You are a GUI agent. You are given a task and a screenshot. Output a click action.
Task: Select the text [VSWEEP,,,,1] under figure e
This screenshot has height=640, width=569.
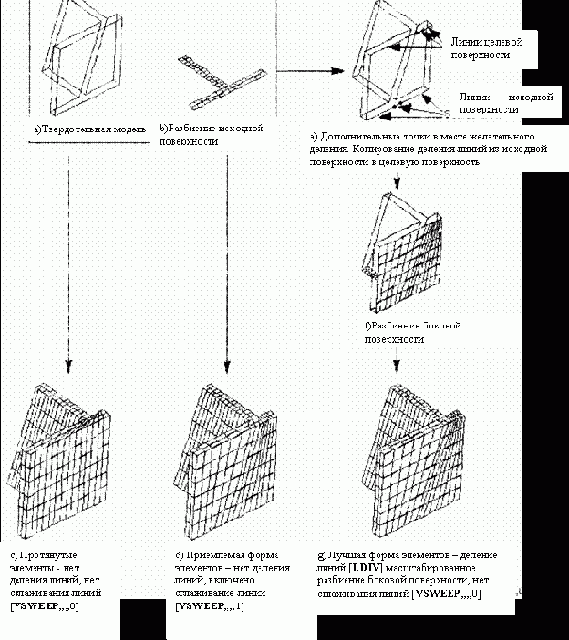coord(210,605)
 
